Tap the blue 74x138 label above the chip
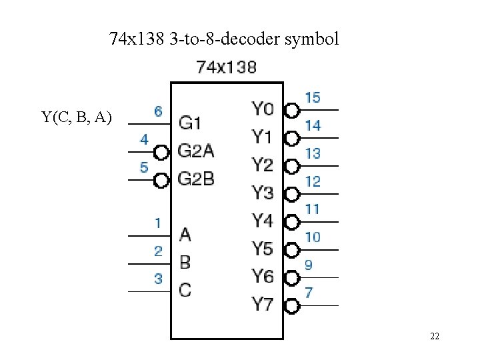pos(227,67)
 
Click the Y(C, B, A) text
pos(77,118)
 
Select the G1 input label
pos(190,123)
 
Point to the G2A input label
pos(196,151)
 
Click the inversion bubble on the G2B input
pos(161,180)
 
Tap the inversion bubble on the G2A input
pos(161,153)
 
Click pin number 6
pos(158,111)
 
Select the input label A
pos(185,235)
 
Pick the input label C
pos(185,290)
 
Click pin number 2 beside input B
pos(158,251)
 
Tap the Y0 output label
pos(263,108)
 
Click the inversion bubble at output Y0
pos(291,110)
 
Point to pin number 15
pos(312,97)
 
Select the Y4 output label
pos(263,220)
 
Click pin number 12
pos(312,181)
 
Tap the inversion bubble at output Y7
pos(291,306)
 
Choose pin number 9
pos(309,265)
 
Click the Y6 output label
pos(263,276)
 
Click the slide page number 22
pos(435,337)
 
